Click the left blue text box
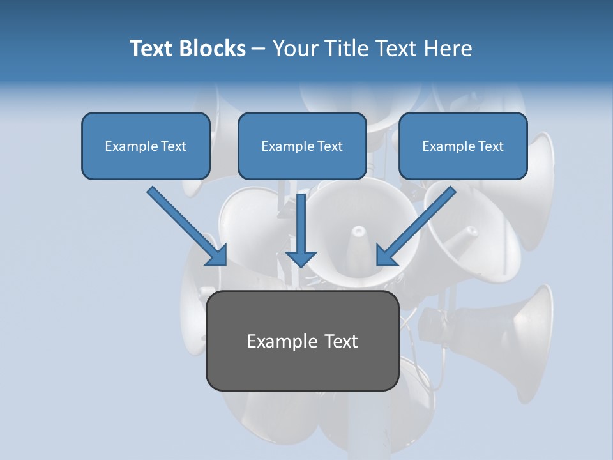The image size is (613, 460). (x=146, y=146)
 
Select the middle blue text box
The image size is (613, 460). (x=302, y=146)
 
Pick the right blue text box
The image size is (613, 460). (x=463, y=146)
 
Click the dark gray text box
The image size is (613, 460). (x=302, y=341)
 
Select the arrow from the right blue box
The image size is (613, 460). (x=418, y=224)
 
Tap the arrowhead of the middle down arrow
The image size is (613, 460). (x=300, y=258)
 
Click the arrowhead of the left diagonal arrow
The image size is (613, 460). (x=217, y=256)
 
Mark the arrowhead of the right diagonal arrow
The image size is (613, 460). (x=386, y=256)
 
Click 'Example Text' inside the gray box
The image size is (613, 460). (x=302, y=341)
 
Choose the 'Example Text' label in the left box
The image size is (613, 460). (x=146, y=146)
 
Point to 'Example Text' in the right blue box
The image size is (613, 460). (x=463, y=146)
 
